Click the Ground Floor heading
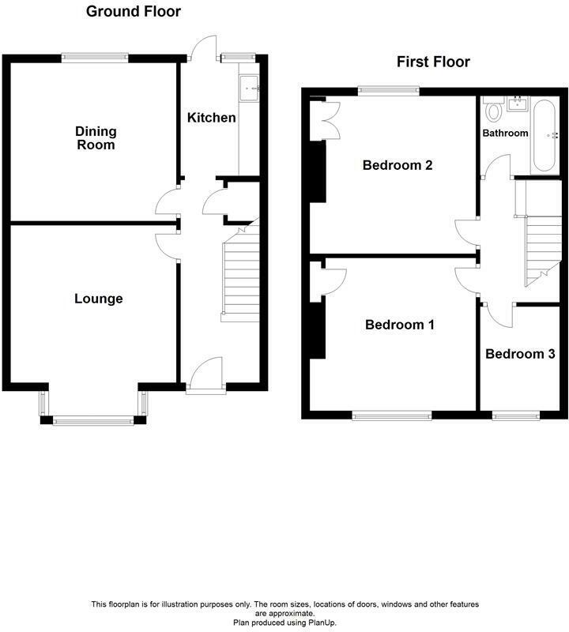(133, 12)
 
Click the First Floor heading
(434, 62)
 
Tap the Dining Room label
(96, 138)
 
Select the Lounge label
(99, 299)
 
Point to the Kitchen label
(211, 118)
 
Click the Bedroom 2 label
(397, 166)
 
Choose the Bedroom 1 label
(399, 325)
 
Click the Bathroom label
(505, 133)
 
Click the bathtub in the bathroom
(545, 136)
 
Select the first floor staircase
(543, 245)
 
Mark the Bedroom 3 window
(517, 415)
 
